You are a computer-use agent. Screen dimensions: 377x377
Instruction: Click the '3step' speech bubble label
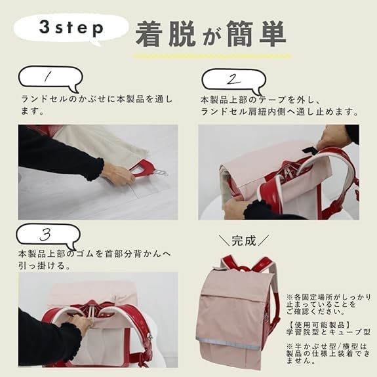71,29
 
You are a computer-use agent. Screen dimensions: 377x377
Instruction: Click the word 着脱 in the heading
165,33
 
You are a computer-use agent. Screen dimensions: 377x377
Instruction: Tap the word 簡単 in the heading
256,33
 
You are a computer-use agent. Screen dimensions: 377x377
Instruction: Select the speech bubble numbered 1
50,79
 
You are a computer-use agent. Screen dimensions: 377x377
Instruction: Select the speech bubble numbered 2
233,81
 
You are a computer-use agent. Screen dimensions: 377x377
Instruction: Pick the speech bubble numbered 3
49,236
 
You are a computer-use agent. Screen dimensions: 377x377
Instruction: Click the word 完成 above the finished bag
243,241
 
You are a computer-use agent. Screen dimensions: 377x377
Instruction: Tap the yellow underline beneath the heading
213,56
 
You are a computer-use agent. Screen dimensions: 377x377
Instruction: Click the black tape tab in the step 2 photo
310,149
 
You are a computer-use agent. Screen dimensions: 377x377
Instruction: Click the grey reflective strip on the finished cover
228,343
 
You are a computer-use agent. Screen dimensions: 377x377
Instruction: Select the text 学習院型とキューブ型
328,332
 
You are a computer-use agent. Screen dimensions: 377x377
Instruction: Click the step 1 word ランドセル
45,99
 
